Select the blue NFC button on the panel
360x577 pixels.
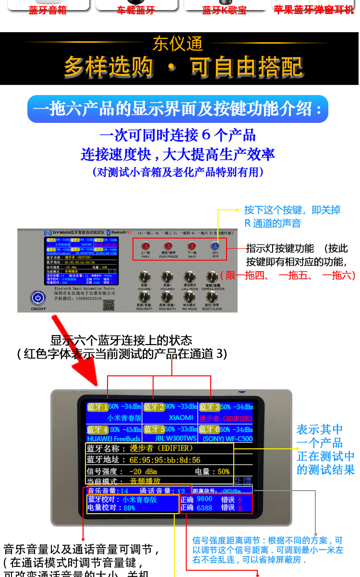(x=215, y=246)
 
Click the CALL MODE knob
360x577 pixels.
(x=190, y=277)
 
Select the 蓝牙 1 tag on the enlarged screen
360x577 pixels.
(x=98, y=407)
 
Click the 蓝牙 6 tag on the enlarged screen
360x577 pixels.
(x=209, y=429)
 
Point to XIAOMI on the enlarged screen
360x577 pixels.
(x=181, y=418)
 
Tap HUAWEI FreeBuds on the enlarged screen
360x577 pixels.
(x=114, y=439)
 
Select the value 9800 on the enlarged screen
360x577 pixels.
(x=204, y=499)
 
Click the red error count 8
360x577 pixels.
(x=240, y=508)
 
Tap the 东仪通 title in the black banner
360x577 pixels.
(x=178, y=44)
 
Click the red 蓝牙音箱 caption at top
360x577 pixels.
(x=48, y=10)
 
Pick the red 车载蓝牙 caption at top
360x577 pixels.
(x=136, y=10)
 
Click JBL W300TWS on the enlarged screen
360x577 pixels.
(x=176, y=439)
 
